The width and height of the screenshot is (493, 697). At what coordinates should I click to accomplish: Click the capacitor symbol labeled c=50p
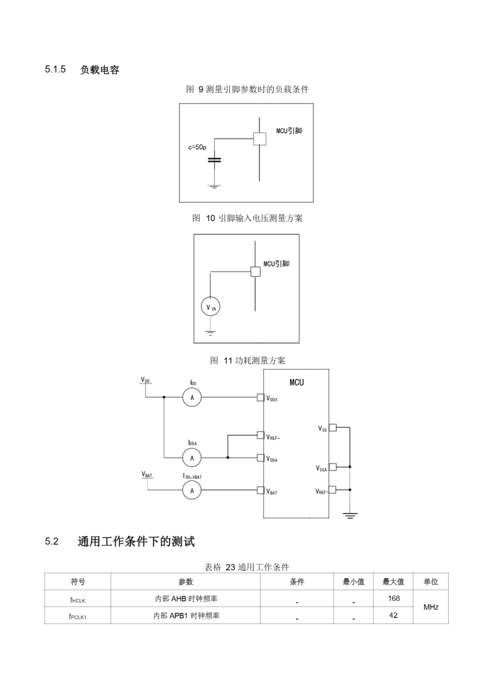(214, 160)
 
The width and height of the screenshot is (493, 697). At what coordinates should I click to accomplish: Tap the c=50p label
(197, 147)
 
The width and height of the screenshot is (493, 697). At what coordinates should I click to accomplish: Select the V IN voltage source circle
(211, 306)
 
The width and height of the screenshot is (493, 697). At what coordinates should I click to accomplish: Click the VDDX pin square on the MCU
(260, 398)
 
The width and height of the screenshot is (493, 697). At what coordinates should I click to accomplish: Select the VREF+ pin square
(260, 435)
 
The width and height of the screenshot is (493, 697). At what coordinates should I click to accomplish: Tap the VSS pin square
(333, 427)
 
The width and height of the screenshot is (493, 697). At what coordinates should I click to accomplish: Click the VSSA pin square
(333, 467)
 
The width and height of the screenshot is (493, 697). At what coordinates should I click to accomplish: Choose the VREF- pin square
(333, 490)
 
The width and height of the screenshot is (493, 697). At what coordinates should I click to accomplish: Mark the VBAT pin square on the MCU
(260, 490)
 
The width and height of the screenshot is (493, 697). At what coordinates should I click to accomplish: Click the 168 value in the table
(394, 598)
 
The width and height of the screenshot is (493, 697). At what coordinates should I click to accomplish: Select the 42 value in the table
(393, 615)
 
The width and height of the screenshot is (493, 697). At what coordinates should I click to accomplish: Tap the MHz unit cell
(431, 607)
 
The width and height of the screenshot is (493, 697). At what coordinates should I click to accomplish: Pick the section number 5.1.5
(55, 69)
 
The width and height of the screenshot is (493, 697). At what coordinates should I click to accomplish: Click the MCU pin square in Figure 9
(260, 139)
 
